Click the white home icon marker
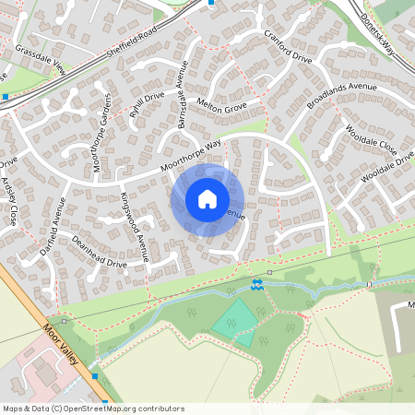207,199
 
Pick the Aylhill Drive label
147,105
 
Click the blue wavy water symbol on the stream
256,285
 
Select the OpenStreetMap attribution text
92,409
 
